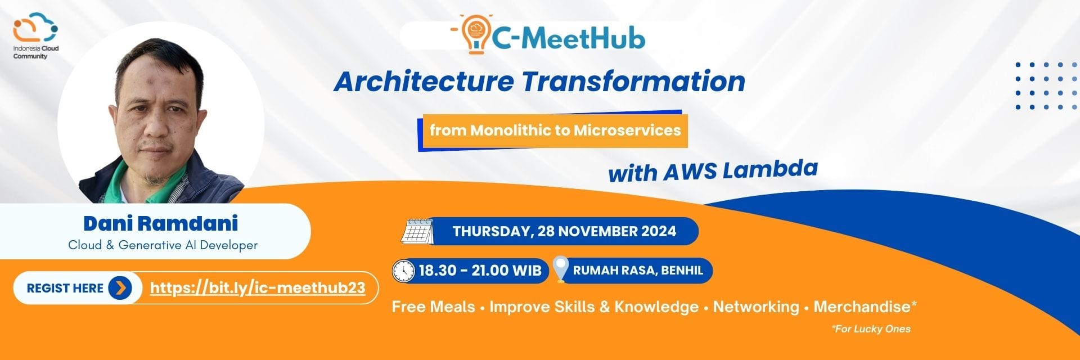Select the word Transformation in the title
click(633, 82)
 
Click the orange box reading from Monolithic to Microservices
click(555, 130)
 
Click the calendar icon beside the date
click(417, 231)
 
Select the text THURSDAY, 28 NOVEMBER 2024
click(564, 231)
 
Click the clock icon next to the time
click(403, 271)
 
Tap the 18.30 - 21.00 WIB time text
click(480, 271)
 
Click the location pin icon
click(560, 269)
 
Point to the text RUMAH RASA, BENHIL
click(638, 271)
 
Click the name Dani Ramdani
click(161, 223)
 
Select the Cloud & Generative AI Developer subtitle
click(163, 245)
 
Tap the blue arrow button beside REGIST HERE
click(120, 288)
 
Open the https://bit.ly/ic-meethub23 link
click(258, 288)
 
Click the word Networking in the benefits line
click(755, 307)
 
